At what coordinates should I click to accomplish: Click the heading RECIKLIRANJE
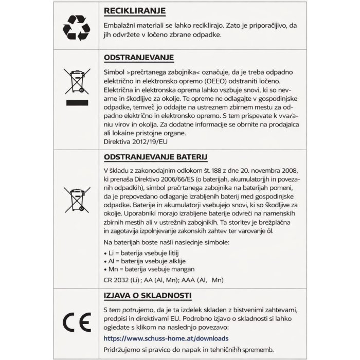(134, 11)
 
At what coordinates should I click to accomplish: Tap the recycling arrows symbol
(76, 27)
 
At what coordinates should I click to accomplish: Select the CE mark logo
(77, 322)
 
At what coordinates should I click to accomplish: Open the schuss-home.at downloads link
(166, 338)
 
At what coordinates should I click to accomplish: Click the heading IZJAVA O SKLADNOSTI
(148, 296)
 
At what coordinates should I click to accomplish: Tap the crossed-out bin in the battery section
(77, 200)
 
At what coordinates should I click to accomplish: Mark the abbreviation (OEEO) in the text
(218, 81)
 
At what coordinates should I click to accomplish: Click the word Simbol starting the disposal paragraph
(114, 73)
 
